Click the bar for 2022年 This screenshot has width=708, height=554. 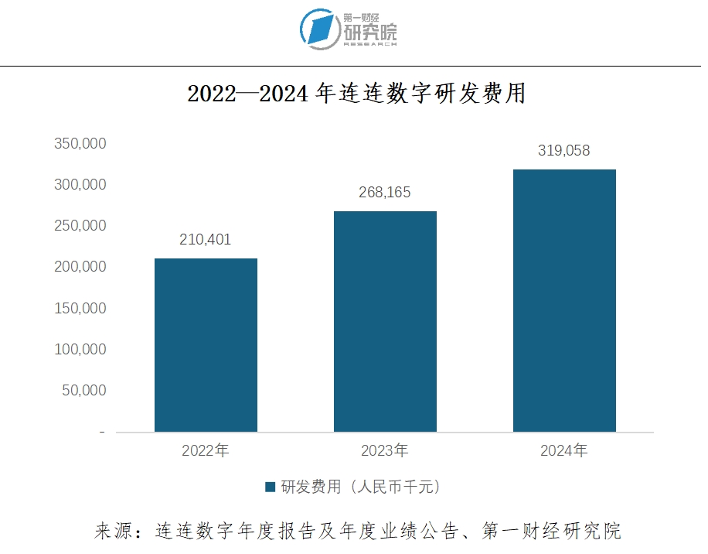pos(206,344)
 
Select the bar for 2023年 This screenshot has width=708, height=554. pos(385,321)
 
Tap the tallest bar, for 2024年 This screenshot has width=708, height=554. pos(564,300)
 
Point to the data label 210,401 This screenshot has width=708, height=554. pos(205,239)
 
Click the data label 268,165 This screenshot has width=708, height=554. pos(385,193)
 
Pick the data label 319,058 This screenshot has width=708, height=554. pos(564,151)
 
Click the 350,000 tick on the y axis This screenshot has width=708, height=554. pos(80,144)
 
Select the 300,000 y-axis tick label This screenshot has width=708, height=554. pos(80,185)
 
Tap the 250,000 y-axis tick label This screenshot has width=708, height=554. pos(80,226)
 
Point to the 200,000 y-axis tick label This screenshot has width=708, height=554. pos(80,267)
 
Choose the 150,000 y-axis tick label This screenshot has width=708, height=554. pos(80,308)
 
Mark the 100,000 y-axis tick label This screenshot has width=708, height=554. pos(80,349)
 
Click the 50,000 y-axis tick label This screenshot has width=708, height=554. pos(83,390)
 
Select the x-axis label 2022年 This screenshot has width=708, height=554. pos(206,450)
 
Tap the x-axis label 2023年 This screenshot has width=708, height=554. pos(385,450)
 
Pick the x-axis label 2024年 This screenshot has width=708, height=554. pos(564,450)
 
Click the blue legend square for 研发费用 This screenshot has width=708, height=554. pos(271,487)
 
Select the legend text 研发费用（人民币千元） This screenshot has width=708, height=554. pos(361,487)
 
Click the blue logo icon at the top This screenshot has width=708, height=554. pos(320,28)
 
